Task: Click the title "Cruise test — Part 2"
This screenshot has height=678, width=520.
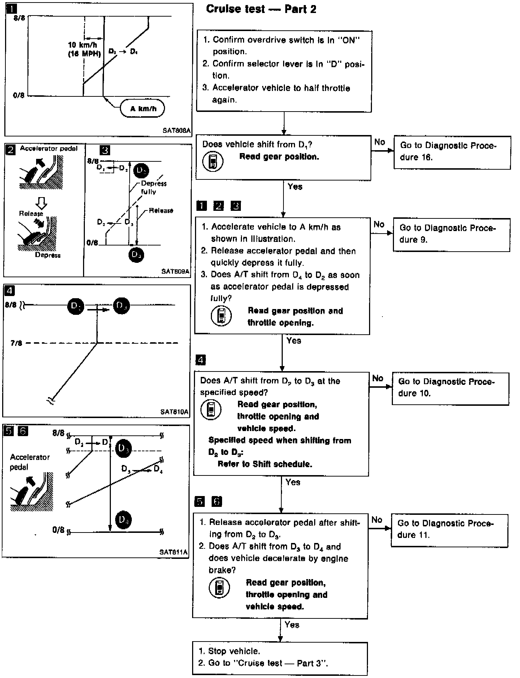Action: pyautogui.click(x=261, y=9)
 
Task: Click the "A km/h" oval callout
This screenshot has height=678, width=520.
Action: pyautogui.click(x=143, y=108)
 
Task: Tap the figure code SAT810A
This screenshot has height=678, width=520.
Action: pyautogui.click(x=174, y=412)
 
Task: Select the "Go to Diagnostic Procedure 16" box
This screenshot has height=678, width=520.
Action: pyautogui.click(x=452, y=152)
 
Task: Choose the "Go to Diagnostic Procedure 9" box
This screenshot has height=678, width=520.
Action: pyautogui.click(x=451, y=234)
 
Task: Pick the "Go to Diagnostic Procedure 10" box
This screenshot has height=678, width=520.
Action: pyautogui.click(x=450, y=388)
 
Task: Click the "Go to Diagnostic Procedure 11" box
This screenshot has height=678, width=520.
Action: pyautogui.click(x=449, y=530)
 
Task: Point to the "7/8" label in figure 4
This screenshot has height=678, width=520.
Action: pyautogui.click(x=16, y=343)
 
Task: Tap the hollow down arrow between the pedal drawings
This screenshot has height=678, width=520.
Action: pyautogui.click(x=42, y=203)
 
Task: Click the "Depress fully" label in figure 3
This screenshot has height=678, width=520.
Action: pyautogui.click(x=153, y=187)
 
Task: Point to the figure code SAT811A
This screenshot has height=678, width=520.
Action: pyautogui.click(x=173, y=552)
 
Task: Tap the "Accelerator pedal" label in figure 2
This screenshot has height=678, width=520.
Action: pyautogui.click(x=48, y=148)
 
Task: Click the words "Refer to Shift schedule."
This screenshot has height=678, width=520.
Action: pyautogui.click(x=264, y=464)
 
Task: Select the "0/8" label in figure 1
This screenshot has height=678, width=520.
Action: pyautogui.click(x=18, y=96)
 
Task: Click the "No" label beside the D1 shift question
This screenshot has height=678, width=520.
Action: pyautogui.click(x=380, y=142)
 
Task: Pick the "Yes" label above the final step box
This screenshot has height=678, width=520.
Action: pyautogui.click(x=292, y=625)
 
